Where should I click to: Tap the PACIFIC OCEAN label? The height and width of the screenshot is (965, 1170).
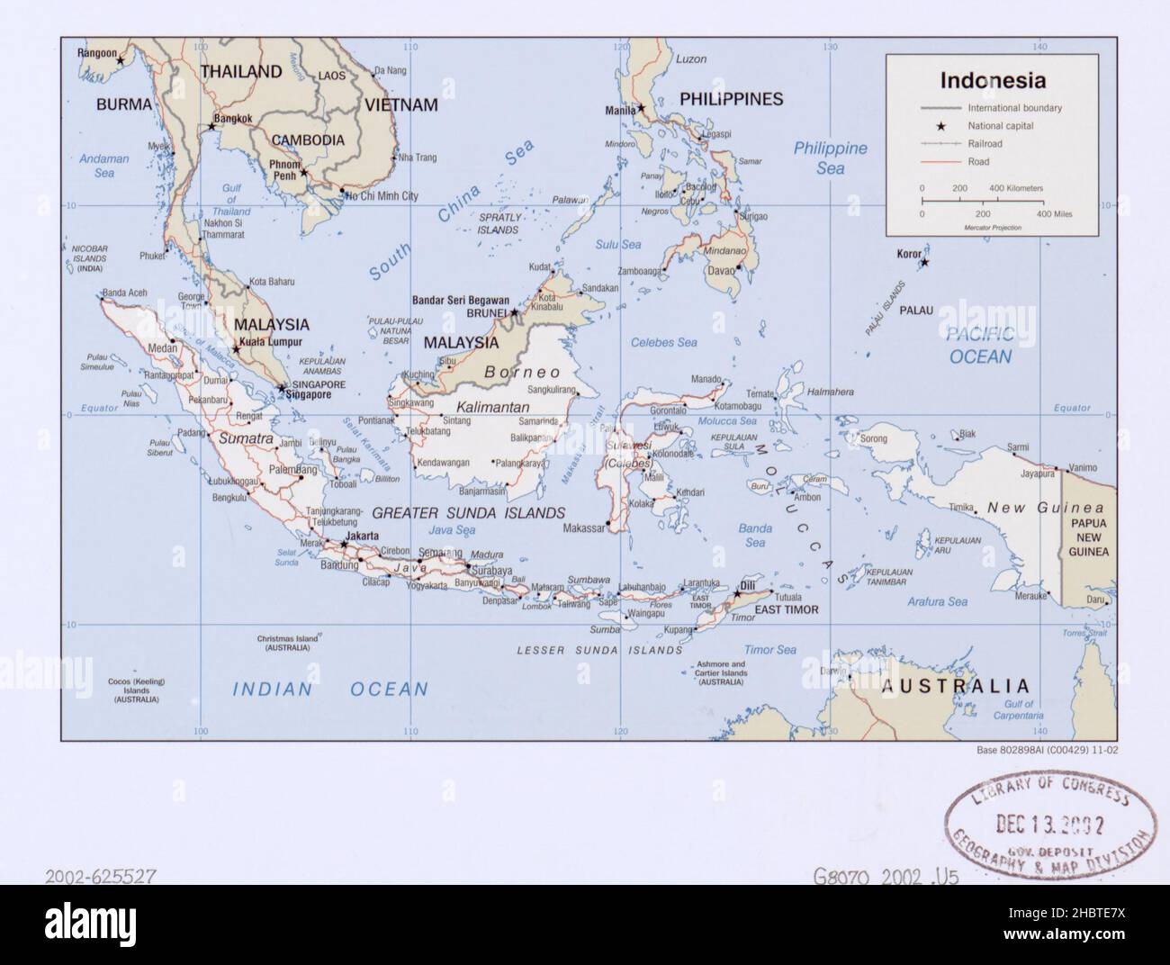click(980, 346)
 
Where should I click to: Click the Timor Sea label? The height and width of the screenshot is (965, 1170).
click(769, 649)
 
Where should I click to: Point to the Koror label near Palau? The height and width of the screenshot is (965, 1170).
click(909, 254)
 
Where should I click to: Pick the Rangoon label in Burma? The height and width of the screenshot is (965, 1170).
click(97, 53)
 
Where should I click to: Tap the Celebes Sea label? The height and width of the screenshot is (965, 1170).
click(664, 342)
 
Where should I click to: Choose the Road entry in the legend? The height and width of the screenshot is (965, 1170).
click(978, 162)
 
